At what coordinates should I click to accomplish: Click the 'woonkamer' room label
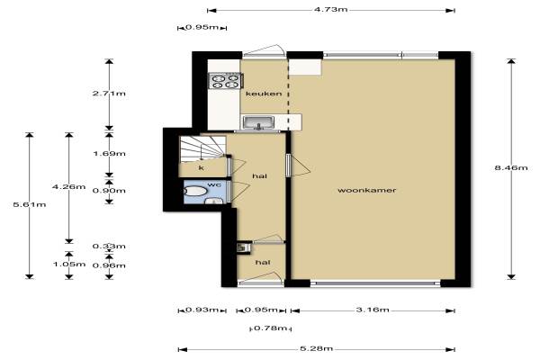[367, 190]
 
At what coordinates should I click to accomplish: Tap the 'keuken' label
[264, 94]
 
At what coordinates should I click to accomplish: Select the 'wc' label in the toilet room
[214, 184]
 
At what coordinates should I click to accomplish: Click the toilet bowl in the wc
[195, 191]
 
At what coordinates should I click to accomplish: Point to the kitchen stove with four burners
[226, 81]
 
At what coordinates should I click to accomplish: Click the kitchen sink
[258, 122]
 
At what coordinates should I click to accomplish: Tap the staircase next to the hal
[202, 148]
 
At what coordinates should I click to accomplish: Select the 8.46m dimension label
[511, 167]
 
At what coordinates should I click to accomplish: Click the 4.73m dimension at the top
[330, 9]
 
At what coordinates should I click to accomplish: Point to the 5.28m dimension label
[317, 348]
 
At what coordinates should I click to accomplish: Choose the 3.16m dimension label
[373, 310]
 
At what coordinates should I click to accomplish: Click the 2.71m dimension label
[109, 94]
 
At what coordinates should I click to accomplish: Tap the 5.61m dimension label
[30, 204]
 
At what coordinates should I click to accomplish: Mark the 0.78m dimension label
[271, 328]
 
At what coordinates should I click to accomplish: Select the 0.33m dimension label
[109, 247]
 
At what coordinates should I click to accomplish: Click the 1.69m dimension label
[109, 154]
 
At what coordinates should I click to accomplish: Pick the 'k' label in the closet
[202, 168]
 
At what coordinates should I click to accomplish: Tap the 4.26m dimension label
[69, 186]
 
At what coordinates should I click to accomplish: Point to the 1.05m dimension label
[69, 265]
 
